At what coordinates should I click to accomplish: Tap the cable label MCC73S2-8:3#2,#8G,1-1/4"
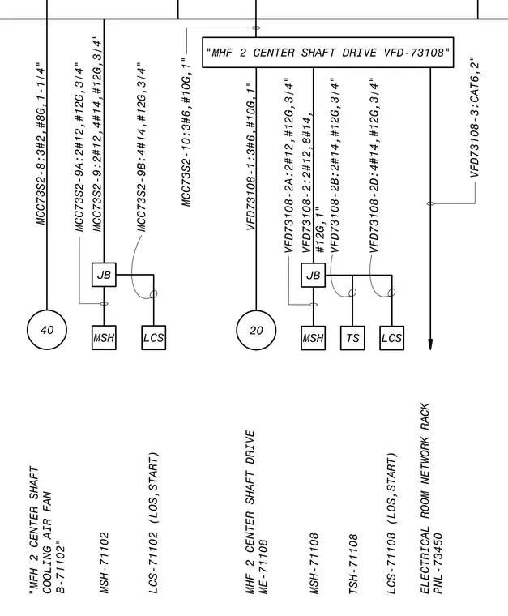click(x=41, y=143)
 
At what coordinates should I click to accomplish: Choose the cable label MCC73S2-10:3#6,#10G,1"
click(x=186, y=131)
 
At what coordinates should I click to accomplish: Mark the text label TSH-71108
click(x=353, y=563)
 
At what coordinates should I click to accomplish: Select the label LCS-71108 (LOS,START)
click(x=391, y=523)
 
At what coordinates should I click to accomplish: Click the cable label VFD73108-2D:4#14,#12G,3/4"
click(x=374, y=165)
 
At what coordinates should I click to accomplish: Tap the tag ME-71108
click(x=263, y=566)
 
